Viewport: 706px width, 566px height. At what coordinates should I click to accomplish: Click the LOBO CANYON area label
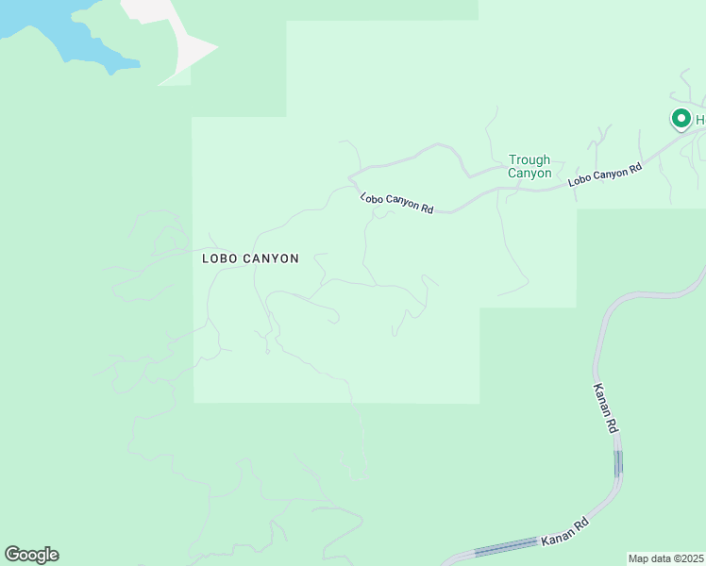(x=250, y=258)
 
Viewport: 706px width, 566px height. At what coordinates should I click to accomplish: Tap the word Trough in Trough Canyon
(x=529, y=160)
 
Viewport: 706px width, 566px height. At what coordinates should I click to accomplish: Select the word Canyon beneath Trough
(x=529, y=173)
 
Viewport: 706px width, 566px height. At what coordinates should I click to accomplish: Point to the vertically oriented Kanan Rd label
(x=606, y=408)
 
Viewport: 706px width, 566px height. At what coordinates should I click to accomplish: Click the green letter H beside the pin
(x=700, y=120)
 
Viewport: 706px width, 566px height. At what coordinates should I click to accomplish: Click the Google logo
(x=31, y=555)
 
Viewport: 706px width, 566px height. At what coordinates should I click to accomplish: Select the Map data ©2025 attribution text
(x=666, y=558)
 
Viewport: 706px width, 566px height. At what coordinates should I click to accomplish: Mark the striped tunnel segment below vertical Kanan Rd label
(x=618, y=463)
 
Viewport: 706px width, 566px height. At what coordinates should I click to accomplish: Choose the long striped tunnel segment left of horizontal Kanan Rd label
(x=506, y=548)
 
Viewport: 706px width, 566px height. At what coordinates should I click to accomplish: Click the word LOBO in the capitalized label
(x=221, y=258)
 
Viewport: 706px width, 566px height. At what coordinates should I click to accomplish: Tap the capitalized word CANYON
(x=271, y=258)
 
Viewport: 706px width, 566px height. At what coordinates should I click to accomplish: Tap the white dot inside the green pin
(x=681, y=118)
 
